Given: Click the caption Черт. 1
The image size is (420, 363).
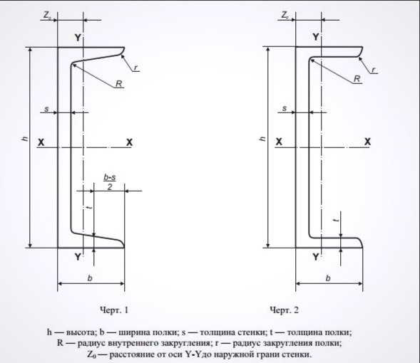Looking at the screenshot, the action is click(x=114, y=310).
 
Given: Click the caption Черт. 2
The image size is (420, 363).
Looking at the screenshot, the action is click(x=284, y=310).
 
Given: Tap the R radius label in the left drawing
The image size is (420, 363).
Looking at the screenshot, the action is click(x=119, y=84).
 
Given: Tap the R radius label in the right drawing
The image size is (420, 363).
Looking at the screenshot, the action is click(x=357, y=79).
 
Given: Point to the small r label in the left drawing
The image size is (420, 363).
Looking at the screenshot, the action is click(x=135, y=68).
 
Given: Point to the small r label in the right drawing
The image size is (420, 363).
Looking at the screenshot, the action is click(x=374, y=70).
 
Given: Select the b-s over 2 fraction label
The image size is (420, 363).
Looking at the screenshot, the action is click(x=110, y=182).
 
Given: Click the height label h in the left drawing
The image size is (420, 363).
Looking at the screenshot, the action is click(x=25, y=139).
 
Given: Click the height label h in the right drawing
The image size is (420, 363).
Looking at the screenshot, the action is click(x=263, y=139).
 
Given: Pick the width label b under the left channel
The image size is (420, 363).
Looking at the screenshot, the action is click(x=90, y=278).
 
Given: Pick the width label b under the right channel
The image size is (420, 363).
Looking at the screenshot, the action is click(x=328, y=278).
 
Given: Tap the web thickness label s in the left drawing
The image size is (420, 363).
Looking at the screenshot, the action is click(x=46, y=109).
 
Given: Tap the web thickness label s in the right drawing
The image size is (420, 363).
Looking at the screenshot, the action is click(x=285, y=108).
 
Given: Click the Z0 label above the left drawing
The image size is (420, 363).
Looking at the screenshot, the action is click(x=47, y=16).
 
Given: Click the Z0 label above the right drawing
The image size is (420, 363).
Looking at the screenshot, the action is click(x=285, y=15).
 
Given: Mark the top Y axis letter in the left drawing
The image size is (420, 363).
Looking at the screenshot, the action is click(x=78, y=38).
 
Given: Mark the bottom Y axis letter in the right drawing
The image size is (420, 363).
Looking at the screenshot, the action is click(x=316, y=257).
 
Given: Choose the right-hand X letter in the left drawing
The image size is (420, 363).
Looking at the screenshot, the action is click(x=129, y=142).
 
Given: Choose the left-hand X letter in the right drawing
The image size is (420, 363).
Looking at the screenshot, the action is click(x=279, y=142).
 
